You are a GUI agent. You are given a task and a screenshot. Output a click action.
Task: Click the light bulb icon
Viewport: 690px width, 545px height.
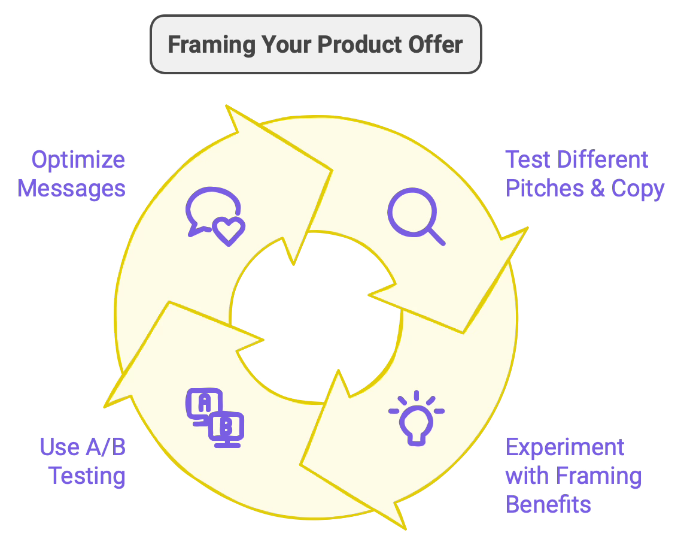[x=417, y=419]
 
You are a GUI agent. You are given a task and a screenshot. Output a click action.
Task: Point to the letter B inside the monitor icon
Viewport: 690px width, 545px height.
[x=226, y=427]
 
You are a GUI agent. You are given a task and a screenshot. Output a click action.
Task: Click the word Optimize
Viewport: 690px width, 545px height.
[x=78, y=160]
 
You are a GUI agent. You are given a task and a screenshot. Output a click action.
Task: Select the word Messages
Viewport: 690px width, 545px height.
[x=72, y=189]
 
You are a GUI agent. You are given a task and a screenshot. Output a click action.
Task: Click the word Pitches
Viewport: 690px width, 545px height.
[x=545, y=189]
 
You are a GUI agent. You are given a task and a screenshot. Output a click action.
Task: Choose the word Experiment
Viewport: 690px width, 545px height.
[x=557, y=447]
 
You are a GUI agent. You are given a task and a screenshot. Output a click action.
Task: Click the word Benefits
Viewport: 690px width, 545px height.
[x=548, y=504]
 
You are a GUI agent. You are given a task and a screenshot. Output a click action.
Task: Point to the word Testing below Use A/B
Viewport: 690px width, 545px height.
[x=87, y=476]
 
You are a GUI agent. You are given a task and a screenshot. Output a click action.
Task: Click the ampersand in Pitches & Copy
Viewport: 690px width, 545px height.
[x=597, y=189]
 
